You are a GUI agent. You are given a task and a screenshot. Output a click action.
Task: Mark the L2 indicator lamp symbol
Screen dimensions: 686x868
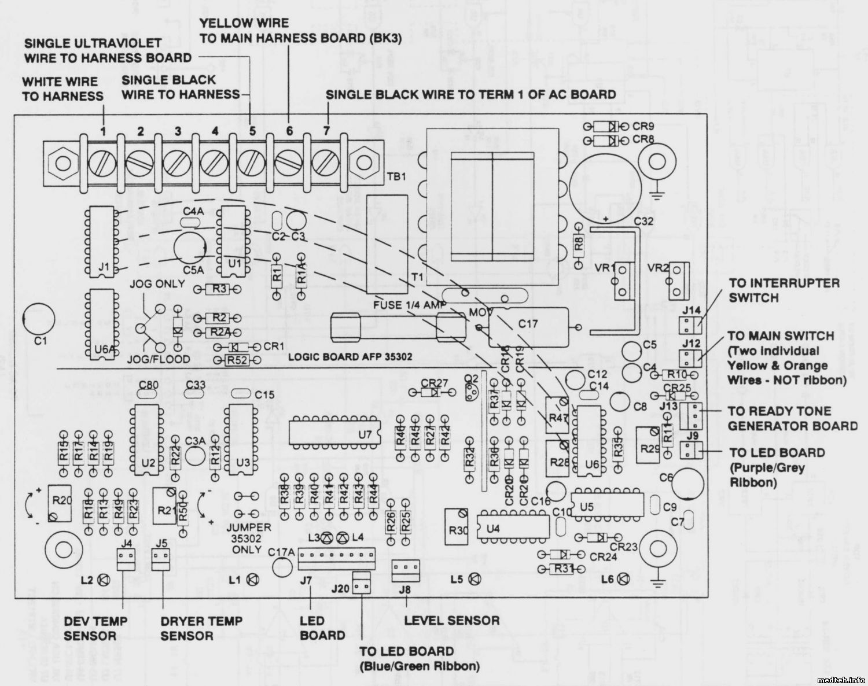(x=104, y=579)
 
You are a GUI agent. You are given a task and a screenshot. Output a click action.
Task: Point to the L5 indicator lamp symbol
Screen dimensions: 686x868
(x=474, y=578)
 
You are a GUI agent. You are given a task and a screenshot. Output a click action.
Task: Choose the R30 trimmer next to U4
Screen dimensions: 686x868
(x=457, y=526)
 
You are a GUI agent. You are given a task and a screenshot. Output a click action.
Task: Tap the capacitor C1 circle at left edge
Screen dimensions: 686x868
(x=38, y=319)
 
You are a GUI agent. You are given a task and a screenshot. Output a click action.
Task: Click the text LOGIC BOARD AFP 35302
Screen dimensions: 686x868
(x=350, y=357)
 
